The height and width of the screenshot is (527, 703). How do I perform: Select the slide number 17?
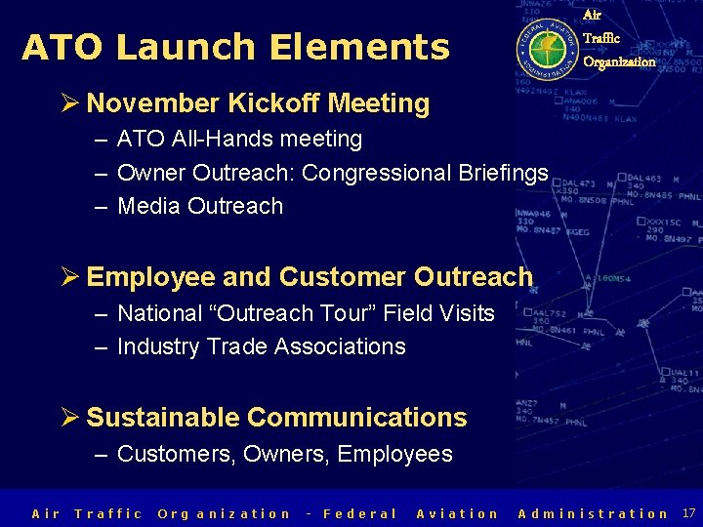pyautogui.click(x=688, y=512)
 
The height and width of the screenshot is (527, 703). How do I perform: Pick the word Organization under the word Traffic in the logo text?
pyautogui.click(x=619, y=61)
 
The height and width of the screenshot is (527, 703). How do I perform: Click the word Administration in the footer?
pyautogui.click(x=593, y=513)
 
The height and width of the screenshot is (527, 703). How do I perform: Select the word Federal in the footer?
pyautogui.click(x=359, y=513)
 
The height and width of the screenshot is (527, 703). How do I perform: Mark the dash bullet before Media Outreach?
pyautogui.click(x=102, y=206)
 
